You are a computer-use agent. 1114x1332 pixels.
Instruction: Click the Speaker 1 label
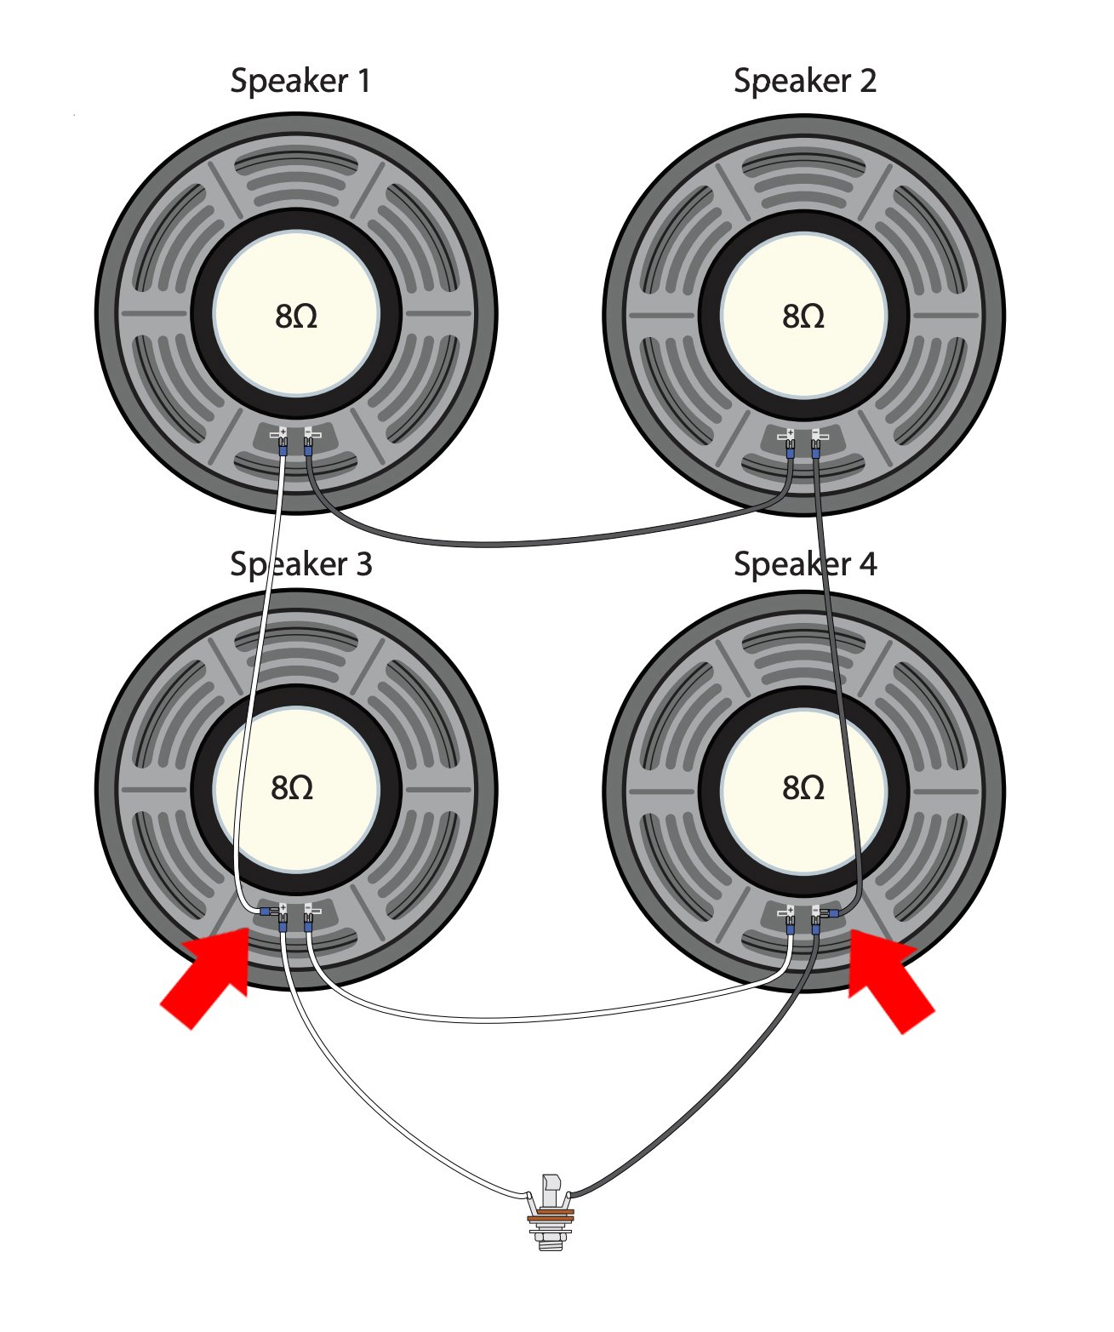click(x=300, y=81)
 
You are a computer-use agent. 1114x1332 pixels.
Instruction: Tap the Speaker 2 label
click(x=804, y=81)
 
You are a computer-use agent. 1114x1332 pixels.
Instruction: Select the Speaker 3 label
click(x=301, y=564)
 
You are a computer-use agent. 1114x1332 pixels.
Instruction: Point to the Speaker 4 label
click(x=804, y=564)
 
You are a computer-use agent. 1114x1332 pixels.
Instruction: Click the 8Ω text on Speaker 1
click(x=296, y=317)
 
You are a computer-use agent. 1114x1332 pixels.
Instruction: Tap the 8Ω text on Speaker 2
click(x=803, y=317)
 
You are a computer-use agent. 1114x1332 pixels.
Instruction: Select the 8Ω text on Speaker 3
click(x=292, y=788)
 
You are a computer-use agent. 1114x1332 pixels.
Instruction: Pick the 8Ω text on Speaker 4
click(x=803, y=788)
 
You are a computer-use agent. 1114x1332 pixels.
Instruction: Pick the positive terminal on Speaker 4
click(x=789, y=912)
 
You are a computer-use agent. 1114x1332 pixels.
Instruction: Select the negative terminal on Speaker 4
click(x=816, y=912)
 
